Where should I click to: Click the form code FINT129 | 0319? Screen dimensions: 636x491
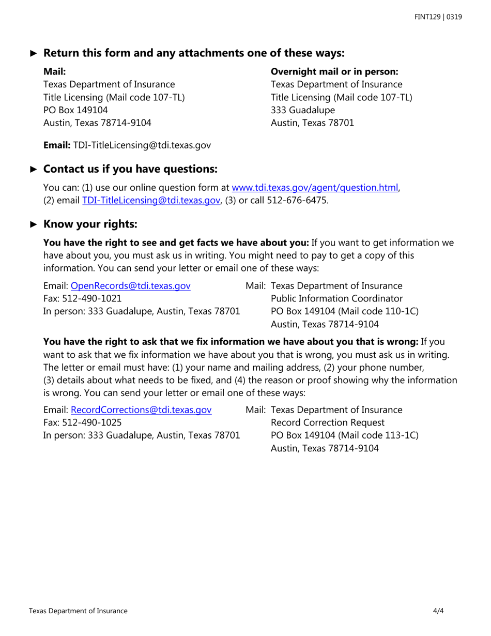(x=438, y=17)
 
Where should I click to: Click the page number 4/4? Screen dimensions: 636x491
(x=439, y=611)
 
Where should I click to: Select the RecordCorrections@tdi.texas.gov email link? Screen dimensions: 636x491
(x=141, y=410)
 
